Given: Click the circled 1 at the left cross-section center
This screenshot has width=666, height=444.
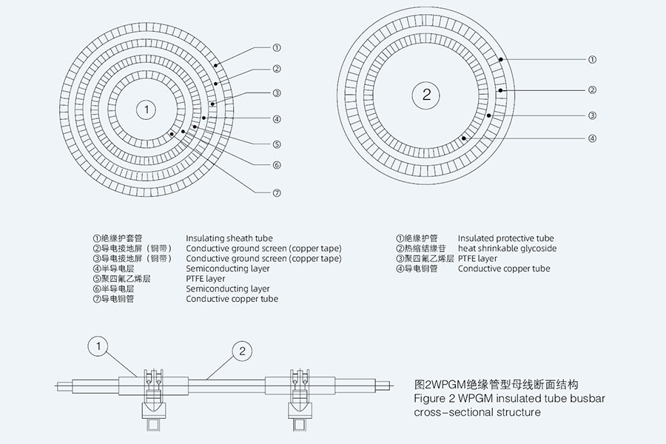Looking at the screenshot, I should tap(147, 110).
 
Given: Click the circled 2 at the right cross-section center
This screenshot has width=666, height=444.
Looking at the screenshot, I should tap(426, 94).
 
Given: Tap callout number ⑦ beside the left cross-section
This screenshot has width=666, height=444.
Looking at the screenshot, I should tap(276, 193).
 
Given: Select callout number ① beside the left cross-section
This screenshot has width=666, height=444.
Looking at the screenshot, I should tap(276, 48).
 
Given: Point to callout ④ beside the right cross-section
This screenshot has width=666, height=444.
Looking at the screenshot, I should tap(592, 138).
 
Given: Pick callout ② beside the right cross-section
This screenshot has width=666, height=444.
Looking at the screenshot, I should tap(592, 90).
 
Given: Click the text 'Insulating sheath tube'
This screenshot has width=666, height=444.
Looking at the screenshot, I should tap(229, 238).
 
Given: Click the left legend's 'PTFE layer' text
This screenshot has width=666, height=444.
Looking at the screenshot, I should tap(206, 279).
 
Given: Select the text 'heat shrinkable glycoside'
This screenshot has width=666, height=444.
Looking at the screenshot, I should tap(507, 249).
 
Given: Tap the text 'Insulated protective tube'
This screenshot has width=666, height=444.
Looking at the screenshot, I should tap(505, 238).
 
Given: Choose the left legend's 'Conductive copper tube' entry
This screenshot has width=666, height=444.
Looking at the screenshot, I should tap(232, 299).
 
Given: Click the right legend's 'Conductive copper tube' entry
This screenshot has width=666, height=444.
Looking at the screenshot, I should tap(504, 269).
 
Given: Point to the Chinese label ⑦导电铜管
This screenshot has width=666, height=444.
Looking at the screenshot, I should tap(114, 299).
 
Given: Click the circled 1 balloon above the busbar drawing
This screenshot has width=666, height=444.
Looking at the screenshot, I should tap(98, 345).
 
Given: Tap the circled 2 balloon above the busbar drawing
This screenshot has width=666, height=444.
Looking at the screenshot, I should tap(242, 351).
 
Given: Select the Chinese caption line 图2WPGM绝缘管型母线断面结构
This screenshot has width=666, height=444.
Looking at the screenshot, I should tap(496, 385).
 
